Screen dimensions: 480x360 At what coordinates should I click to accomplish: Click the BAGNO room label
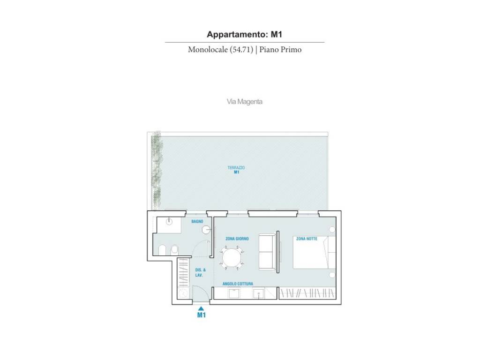[197, 221]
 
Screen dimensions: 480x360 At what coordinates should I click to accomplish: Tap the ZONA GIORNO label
[237, 239]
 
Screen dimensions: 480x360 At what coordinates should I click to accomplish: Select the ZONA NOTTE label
[307, 239]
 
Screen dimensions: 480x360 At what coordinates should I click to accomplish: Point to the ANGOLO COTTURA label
[238, 284]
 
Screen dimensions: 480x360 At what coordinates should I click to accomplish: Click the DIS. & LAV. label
[200, 272]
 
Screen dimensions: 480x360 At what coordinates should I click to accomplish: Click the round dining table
[232, 258]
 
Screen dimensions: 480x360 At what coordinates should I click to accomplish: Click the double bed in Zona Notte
[315, 252]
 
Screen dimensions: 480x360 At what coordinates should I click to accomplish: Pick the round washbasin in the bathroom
[206, 230]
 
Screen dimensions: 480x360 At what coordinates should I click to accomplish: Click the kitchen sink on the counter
[258, 293]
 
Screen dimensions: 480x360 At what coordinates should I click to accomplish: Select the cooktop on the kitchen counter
[235, 293]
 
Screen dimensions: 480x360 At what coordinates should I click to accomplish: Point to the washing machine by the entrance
[183, 293]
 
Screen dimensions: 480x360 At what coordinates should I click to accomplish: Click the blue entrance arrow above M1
[201, 308]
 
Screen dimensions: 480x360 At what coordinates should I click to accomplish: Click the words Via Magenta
[244, 102]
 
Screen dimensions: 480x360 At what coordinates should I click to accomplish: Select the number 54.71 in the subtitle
[242, 50]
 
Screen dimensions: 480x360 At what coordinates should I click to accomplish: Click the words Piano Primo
[280, 50]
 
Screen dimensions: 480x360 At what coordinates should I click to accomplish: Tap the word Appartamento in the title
[237, 34]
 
